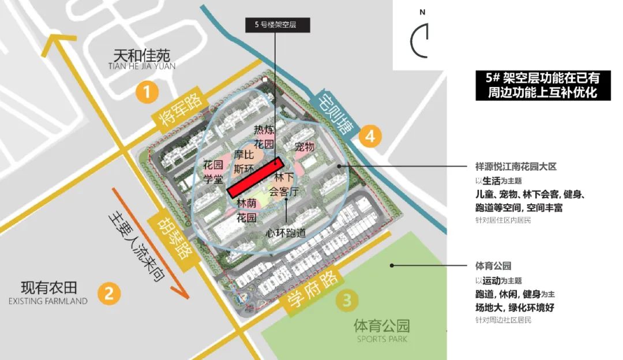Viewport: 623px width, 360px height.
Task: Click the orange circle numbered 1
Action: [x=148, y=93]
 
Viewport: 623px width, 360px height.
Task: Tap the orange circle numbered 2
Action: [x=109, y=292]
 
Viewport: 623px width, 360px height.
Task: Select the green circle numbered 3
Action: [x=347, y=300]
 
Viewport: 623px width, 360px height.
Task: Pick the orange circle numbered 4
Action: [x=370, y=136]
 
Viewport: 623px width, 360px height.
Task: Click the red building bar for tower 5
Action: [x=254, y=177]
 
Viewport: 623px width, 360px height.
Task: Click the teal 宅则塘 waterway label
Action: [x=334, y=114]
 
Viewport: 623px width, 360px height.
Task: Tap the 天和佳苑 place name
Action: [x=141, y=55]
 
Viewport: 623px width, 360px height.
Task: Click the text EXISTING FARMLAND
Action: [x=48, y=301]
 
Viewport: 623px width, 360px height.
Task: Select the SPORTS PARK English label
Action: [x=382, y=339]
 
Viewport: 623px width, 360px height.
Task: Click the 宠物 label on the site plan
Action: [x=304, y=147]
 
